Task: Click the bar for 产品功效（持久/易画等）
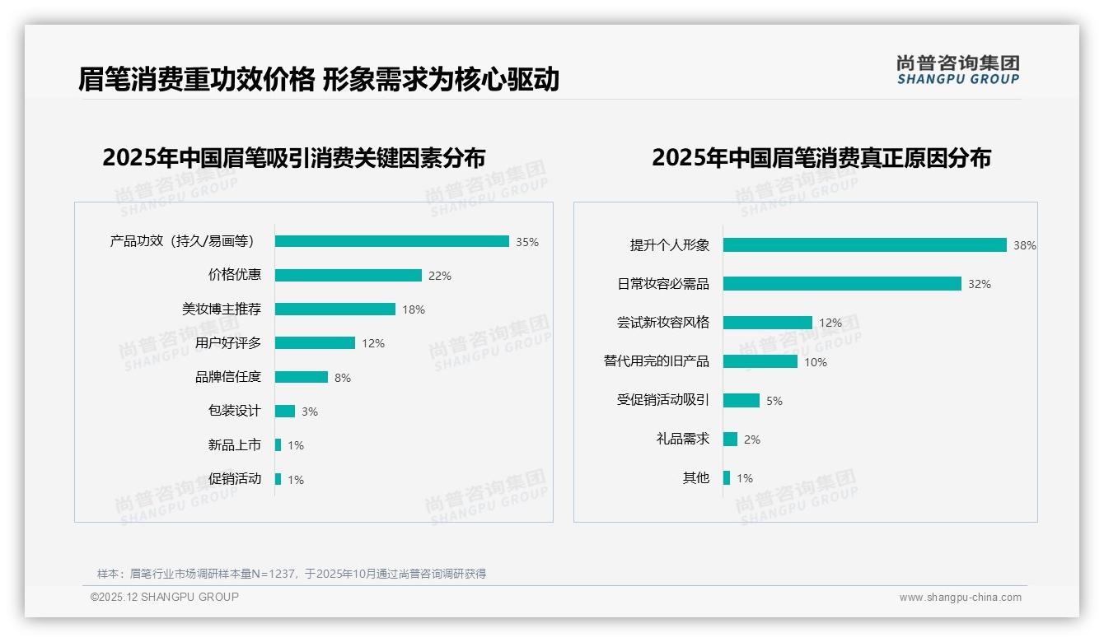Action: [x=391, y=241]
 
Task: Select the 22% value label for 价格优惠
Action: [x=439, y=276]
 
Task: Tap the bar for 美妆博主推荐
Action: [x=334, y=309]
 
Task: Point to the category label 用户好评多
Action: [x=228, y=343]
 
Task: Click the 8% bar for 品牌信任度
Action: [x=301, y=377]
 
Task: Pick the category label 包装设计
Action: [x=234, y=411]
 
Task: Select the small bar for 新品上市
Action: [x=278, y=444]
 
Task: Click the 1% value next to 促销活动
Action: [x=295, y=480]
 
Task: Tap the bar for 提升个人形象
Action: [x=864, y=244]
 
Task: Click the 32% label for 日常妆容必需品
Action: [x=979, y=284]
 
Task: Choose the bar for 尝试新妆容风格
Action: [x=767, y=323]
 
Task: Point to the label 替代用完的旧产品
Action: [x=656, y=361]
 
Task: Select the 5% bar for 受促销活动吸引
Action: [x=741, y=400]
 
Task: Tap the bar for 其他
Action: [x=726, y=477]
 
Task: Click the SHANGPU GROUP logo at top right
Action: [x=957, y=70]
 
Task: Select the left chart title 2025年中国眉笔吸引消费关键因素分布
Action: [x=293, y=157]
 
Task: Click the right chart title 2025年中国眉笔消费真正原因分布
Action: [x=821, y=157]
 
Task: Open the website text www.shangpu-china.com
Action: [x=960, y=598]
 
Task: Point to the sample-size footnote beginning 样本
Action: [x=292, y=574]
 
